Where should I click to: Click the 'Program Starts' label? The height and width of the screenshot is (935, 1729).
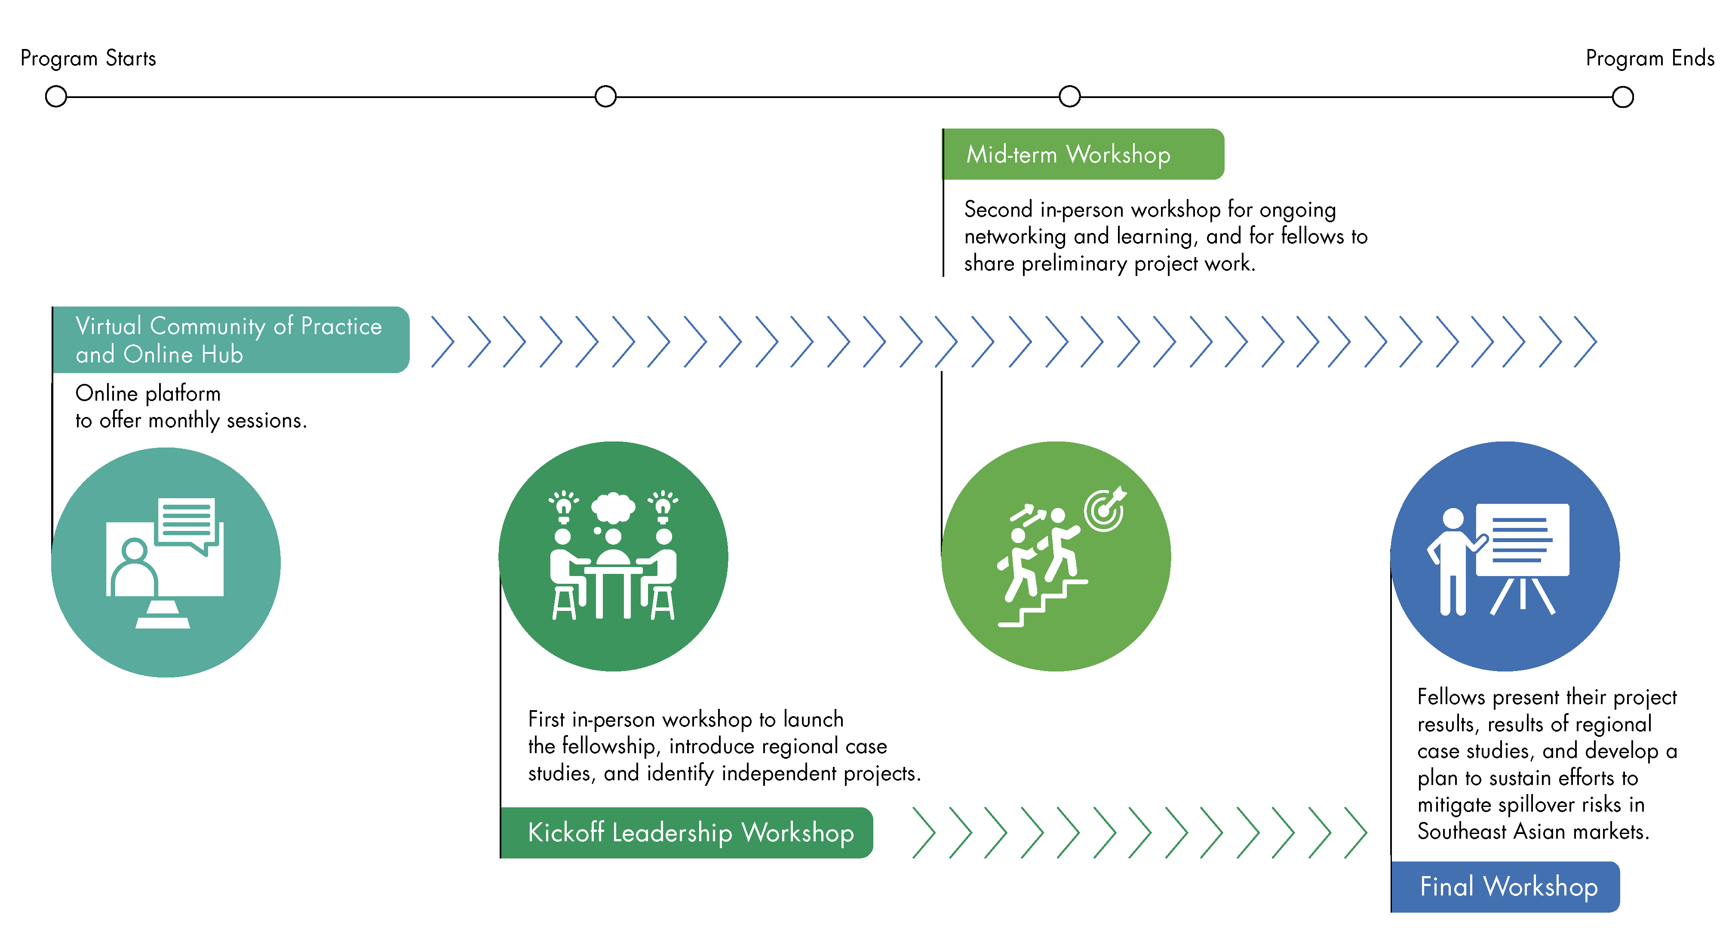click(88, 58)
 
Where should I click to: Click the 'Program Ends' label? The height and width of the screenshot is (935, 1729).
click(1649, 58)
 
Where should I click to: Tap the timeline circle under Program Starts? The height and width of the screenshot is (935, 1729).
click(56, 97)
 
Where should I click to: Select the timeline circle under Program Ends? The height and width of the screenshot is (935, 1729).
click(1622, 97)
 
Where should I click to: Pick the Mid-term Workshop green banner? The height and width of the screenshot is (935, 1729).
click(1083, 154)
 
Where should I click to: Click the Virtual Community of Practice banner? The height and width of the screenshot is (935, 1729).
click(230, 340)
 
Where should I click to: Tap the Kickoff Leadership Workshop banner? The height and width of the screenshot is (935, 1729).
click(687, 832)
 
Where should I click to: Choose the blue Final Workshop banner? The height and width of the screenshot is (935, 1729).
click(1505, 887)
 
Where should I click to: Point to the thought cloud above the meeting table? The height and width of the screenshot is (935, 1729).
click(612, 507)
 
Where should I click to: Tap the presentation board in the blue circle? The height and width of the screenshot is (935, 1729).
click(1522, 540)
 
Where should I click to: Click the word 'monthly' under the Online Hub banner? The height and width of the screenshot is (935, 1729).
click(184, 421)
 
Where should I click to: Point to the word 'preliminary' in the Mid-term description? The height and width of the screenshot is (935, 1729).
click(1074, 264)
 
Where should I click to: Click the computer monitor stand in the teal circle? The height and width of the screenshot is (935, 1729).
click(163, 614)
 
